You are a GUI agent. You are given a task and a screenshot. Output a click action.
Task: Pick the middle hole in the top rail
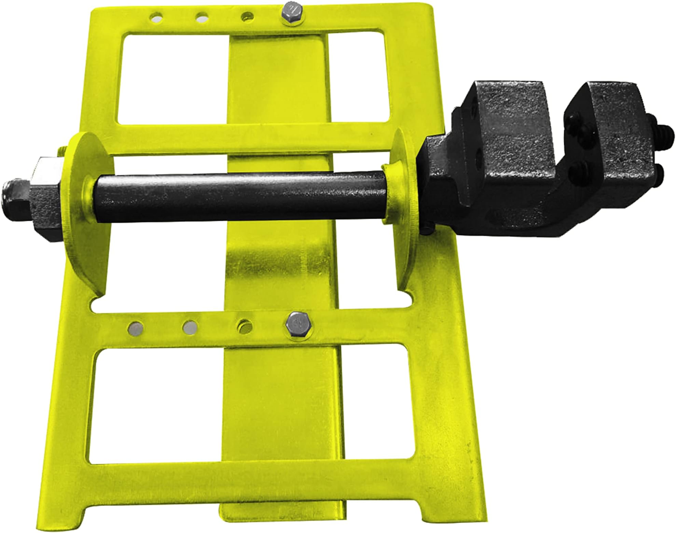click(202, 16)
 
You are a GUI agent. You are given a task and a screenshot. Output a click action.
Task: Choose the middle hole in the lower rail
click(190, 327)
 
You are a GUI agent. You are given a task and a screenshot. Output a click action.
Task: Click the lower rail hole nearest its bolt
click(245, 325)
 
